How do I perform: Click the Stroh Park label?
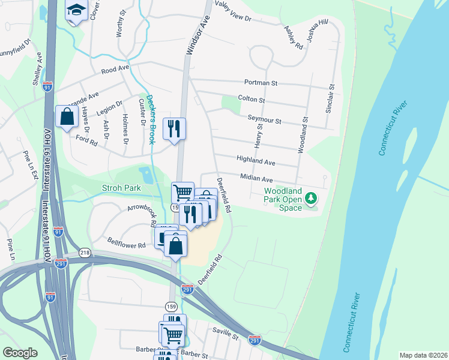pyautogui.click(x=121, y=188)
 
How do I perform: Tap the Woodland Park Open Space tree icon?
pyautogui.click(x=311, y=197)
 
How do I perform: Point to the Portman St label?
pyautogui.click(x=261, y=82)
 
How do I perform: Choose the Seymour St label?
pyautogui.click(x=264, y=121)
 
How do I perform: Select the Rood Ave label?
pyautogui.click(x=115, y=69)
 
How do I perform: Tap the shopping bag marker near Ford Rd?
pyautogui.click(x=67, y=116)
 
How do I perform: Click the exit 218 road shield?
pyautogui.click(x=85, y=253)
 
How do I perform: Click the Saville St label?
pyautogui.click(x=226, y=331)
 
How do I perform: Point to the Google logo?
pyautogui.click(x=20, y=353)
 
